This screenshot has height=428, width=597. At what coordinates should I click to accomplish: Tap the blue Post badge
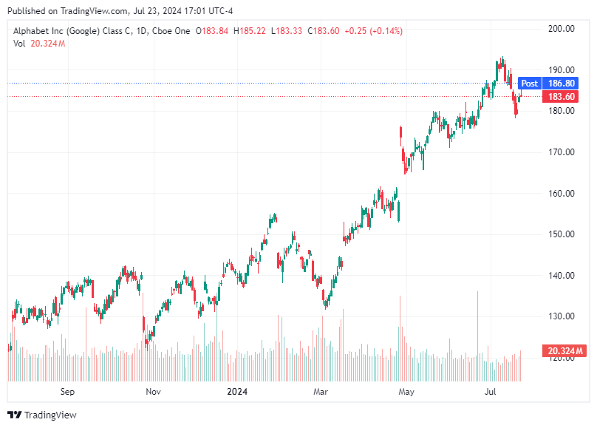pos(529,84)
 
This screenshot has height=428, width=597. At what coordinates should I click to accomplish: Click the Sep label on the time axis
pos(67,392)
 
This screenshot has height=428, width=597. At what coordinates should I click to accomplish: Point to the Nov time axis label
pos(153,392)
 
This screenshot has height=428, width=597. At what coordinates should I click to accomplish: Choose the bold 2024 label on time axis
pos(237,392)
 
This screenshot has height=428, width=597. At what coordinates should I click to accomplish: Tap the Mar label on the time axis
pos(320,392)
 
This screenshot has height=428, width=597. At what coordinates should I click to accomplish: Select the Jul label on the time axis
pos(490,392)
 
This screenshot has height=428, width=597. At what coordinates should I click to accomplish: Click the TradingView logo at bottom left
pos(42,415)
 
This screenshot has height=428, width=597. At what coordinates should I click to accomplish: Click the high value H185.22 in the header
pos(251,31)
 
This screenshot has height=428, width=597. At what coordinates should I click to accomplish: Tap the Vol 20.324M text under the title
pos(39,44)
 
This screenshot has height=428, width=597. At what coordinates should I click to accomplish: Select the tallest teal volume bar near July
pos(477,333)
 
